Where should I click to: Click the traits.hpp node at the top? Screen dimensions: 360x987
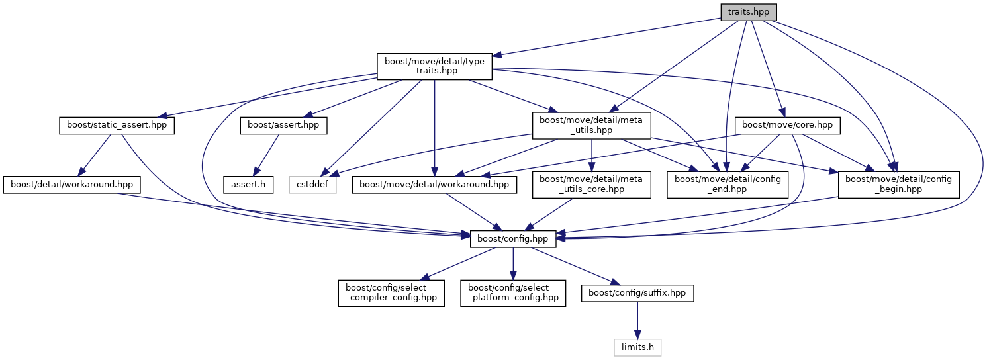point(748,12)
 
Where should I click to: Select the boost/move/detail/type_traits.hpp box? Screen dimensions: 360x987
point(434,67)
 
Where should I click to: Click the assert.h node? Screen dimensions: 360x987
point(248,185)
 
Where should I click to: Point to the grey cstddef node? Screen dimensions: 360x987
point(313,185)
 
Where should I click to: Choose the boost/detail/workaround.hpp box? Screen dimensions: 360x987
point(72,185)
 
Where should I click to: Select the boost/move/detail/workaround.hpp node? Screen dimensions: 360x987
point(434,185)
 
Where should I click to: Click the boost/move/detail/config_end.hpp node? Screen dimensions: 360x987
point(728,185)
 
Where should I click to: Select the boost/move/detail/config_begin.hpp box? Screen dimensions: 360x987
point(899,185)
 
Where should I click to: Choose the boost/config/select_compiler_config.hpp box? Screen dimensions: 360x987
point(391,292)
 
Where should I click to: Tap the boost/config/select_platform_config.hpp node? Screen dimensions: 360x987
point(514,292)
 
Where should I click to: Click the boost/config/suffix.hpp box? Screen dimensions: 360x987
point(637,292)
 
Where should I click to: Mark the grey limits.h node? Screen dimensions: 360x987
point(637,347)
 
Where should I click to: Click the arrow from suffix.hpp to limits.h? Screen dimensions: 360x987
point(637,320)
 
